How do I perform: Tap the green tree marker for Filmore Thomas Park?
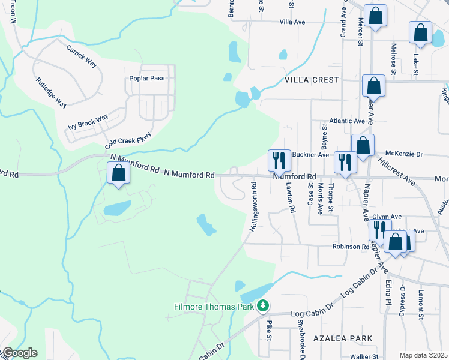point(262,307)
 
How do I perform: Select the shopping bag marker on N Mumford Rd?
point(118,174)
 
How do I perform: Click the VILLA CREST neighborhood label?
point(312,80)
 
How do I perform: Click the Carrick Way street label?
point(82,55)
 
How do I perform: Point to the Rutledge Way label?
point(51,92)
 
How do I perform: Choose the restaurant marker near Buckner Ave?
point(279,160)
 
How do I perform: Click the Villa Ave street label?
point(292,22)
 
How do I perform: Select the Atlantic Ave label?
point(343,121)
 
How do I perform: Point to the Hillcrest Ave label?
point(397,171)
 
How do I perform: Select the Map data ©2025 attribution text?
point(423,355)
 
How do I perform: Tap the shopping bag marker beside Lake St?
point(420,32)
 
